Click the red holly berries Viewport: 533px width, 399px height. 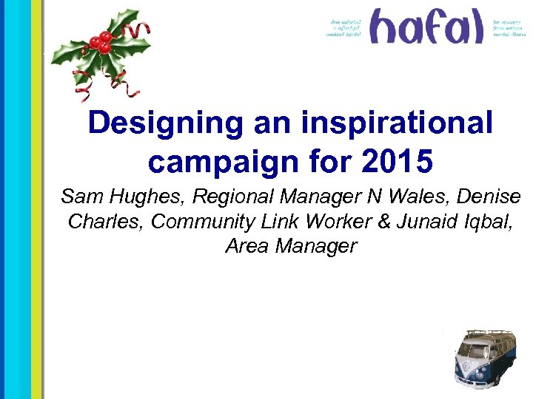click(101, 42)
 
